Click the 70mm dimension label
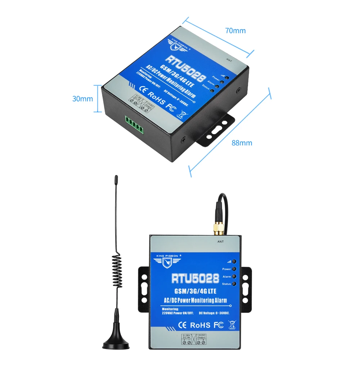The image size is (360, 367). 235,31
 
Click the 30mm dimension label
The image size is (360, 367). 82,99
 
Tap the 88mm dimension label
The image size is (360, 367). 242,143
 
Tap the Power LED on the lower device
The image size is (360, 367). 234,269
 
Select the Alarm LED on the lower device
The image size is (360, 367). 234,277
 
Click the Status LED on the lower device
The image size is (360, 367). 234,284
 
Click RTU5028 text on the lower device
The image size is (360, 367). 195,278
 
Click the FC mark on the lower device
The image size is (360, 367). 219,325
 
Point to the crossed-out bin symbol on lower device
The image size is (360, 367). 231,325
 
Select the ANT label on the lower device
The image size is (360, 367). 221,242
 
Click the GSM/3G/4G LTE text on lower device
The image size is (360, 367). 195,291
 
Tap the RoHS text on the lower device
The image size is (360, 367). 200,325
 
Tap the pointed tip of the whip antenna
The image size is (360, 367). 116,177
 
